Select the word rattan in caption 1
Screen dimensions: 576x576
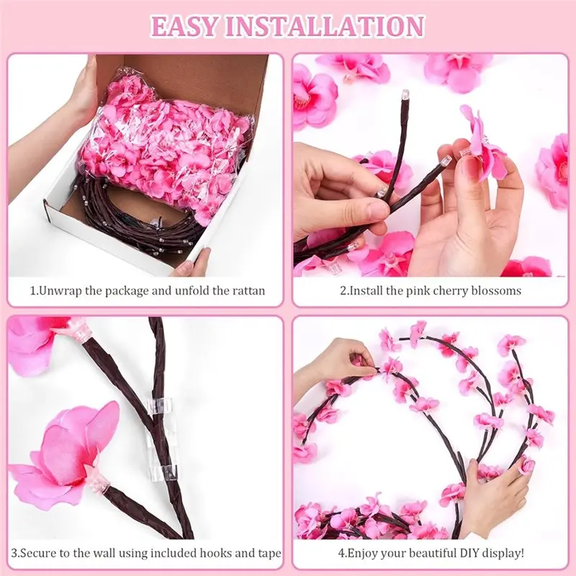(x=248, y=291)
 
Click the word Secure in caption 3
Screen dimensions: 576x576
(x=43, y=553)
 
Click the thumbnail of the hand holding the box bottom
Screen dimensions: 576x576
(x=193, y=263)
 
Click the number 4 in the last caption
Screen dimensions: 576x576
(x=341, y=553)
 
